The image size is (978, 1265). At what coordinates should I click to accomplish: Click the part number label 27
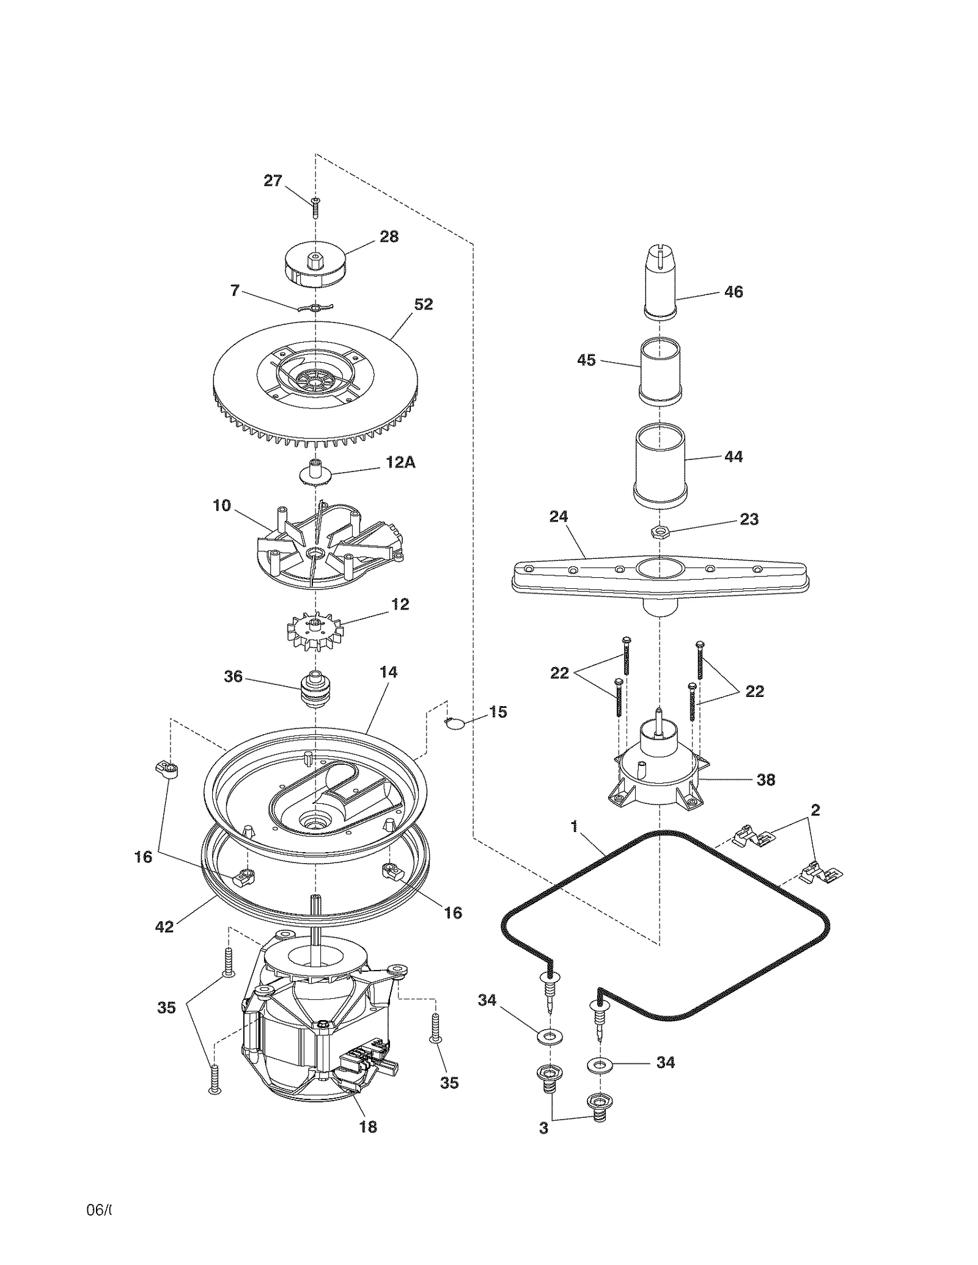click(273, 181)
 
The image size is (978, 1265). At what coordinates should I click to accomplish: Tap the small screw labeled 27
click(315, 208)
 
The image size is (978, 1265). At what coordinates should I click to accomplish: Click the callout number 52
click(423, 304)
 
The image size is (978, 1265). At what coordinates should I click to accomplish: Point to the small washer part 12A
click(316, 473)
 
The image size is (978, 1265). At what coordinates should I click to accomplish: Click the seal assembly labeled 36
click(315, 688)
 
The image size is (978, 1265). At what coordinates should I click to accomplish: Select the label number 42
click(164, 927)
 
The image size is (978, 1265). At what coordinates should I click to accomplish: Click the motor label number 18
click(368, 1127)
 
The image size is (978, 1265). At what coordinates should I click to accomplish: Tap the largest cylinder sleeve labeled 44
click(661, 465)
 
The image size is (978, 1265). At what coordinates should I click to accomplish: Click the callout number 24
click(558, 517)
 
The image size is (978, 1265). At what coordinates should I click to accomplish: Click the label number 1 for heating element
click(573, 826)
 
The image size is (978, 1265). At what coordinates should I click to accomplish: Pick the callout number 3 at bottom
click(543, 1128)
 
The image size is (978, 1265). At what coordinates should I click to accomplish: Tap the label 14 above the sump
click(388, 672)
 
